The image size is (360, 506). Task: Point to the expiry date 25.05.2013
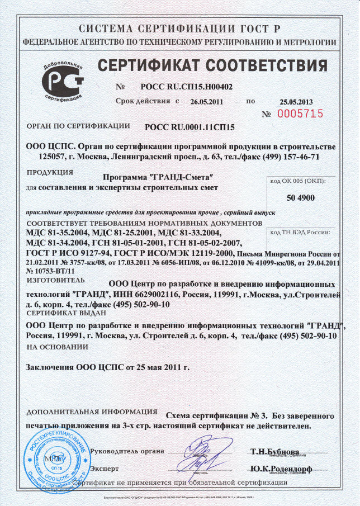tap(296, 102)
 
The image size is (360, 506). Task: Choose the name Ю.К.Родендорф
tap(281, 468)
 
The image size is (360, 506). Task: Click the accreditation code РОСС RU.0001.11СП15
tap(190, 127)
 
